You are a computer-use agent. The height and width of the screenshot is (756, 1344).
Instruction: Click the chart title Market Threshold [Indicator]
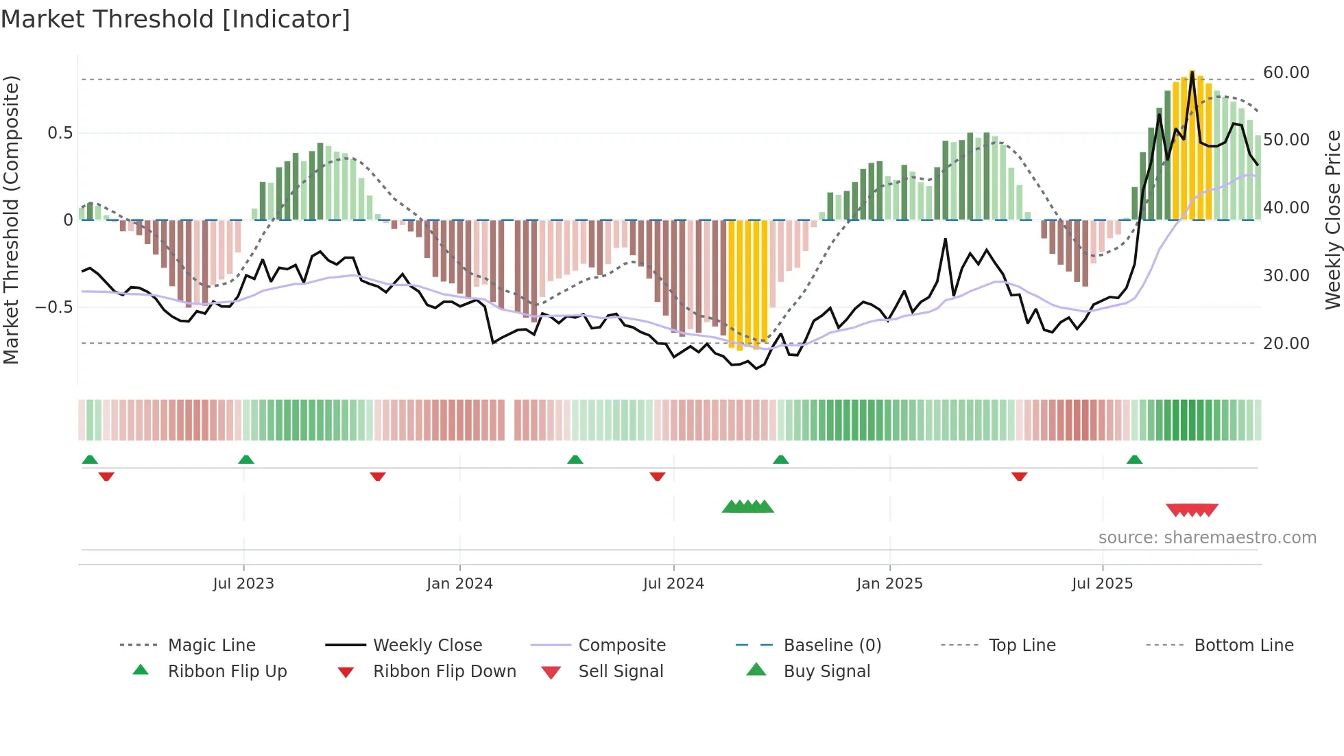176,19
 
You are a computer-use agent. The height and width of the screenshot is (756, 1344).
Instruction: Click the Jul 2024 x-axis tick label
673,583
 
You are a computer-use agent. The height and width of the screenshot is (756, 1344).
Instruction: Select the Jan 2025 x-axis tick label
889,583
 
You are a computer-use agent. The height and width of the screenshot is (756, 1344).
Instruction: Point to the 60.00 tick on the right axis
1286,73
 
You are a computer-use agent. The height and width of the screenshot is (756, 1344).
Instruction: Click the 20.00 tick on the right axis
1286,343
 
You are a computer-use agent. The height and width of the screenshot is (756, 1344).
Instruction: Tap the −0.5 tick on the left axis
54,307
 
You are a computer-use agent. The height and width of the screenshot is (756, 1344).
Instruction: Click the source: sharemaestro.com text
1207,537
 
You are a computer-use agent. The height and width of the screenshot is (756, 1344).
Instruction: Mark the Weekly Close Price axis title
1332,220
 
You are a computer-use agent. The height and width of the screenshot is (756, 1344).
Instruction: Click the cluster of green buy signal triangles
747,507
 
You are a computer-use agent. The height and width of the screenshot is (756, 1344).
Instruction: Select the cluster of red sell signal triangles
1192,510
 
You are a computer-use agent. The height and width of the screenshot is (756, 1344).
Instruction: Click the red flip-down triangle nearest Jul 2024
657,476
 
